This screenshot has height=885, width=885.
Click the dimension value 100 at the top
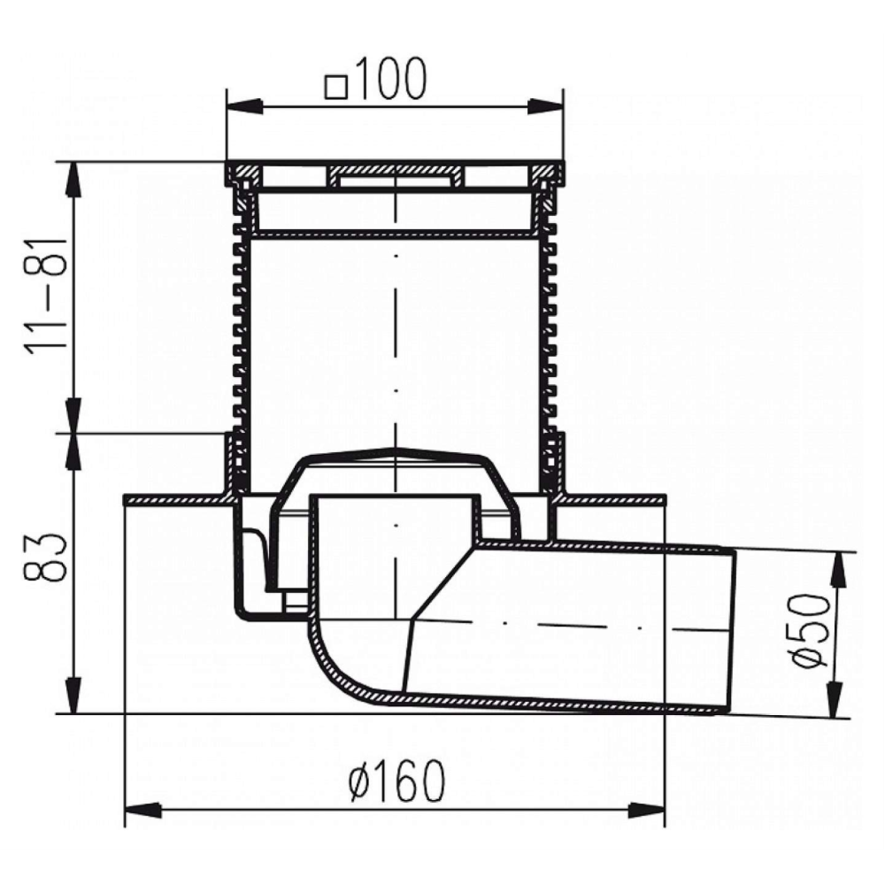click(390, 79)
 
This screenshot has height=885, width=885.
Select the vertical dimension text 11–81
click(46, 297)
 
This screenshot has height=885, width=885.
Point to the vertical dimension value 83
click(46, 557)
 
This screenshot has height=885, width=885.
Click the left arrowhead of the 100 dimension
click(245, 106)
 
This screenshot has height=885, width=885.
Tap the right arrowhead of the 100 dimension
click(545, 106)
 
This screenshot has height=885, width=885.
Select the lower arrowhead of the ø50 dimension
click(836, 700)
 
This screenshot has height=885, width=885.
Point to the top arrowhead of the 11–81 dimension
click(73, 181)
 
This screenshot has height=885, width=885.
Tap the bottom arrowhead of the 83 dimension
click(73, 696)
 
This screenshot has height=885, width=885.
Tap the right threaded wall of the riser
click(550, 339)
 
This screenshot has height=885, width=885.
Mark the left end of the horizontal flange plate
click(126, 499)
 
